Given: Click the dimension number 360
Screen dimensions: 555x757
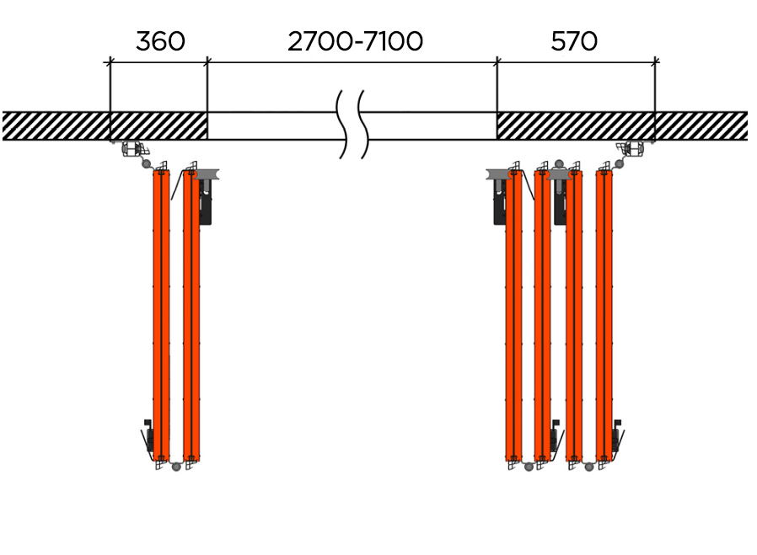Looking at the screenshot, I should (159, 41).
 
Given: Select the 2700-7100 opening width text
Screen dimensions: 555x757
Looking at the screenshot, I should (355, 41).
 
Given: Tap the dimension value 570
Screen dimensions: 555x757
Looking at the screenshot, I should (574, 41).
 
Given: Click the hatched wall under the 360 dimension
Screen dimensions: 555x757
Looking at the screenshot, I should (158, 125).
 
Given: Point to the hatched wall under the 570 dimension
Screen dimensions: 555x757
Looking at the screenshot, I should (576, 125).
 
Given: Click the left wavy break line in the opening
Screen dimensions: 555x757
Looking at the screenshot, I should (343, 124).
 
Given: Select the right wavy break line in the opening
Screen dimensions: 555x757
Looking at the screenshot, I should (364, 124).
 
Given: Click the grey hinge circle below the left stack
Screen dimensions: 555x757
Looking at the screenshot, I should (176, 466).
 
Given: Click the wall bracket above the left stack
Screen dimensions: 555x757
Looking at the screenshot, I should (132, 150).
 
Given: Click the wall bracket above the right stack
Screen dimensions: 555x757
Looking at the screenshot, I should (631, 150).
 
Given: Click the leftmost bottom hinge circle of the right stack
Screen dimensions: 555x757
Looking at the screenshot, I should (528, 466).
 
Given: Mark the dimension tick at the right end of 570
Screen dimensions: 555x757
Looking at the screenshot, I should (655, 61).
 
